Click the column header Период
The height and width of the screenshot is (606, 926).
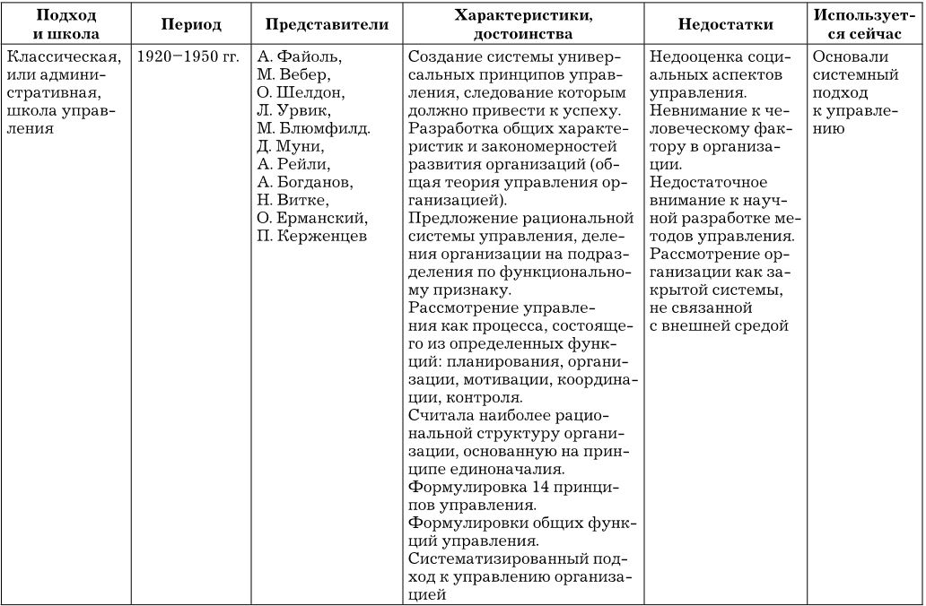click(x=191, y=24)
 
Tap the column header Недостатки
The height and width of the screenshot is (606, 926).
click(x=725, y=24)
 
